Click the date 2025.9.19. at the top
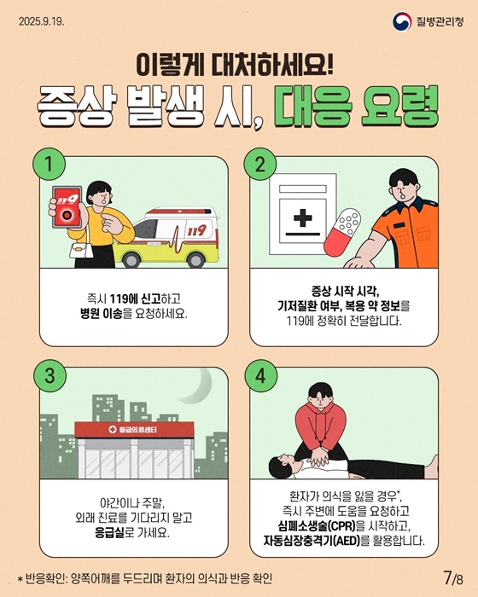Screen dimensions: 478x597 tap(41, 21)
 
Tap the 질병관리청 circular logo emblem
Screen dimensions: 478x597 tap(402, 21)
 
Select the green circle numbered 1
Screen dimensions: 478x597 tap(50, 165)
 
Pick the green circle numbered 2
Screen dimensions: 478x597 tap(260, 165)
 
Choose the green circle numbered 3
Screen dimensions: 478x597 tap(50, 376)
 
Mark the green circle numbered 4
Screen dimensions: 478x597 tap(260, 376)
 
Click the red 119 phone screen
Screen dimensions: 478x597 tap(67, 207)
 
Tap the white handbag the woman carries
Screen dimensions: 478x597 tap(81, 249)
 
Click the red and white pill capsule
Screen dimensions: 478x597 tap(342, 231)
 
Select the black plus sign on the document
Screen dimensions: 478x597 tap(303, 218)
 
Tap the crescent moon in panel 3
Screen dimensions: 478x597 tap(198, 385)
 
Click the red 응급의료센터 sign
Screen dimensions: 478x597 tap(134, 430)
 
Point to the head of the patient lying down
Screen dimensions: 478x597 tap(282, 465)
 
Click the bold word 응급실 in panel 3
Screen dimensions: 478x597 tap(110, 533)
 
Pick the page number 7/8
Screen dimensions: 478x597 tap(453, 578)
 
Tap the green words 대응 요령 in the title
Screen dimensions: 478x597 tap(356, 107)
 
